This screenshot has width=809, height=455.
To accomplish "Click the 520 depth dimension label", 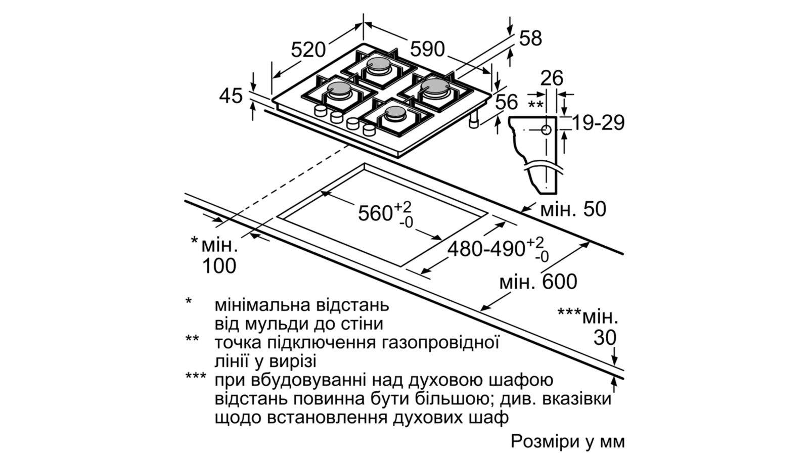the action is click(x=308, y=50).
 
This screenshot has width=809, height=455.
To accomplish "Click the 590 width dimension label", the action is click(x=427, y=49).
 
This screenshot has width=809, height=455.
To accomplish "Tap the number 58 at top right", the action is click(x=530, y=38).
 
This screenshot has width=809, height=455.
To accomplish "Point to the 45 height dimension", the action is click(x=231, y=96).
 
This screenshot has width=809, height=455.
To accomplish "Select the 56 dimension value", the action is click(x=507, y=102).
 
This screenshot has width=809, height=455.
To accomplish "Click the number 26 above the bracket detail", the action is click(x=552, y=78).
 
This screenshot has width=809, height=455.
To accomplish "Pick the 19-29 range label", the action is click(x=598, y=123).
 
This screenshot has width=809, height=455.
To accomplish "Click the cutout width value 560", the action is click(x=375, y=213).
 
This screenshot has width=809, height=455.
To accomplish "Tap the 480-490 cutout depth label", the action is click(x=486, y=249).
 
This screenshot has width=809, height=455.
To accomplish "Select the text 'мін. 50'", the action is click(x=573, y=209).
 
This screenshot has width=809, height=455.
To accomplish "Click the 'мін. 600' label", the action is click(x=538, y=282).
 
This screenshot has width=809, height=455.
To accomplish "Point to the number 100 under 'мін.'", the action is click(x=219, y=266).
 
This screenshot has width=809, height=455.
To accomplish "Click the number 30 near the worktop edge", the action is click(x=605, y=338).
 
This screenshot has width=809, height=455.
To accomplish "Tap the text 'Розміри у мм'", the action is click(x=567, y=442).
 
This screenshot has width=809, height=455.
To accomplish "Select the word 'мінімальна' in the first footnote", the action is click(x=262, y=305).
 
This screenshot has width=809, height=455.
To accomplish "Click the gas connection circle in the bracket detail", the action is click(x=546, y=129).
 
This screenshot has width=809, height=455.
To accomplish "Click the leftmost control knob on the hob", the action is click(x=321, y=111).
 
